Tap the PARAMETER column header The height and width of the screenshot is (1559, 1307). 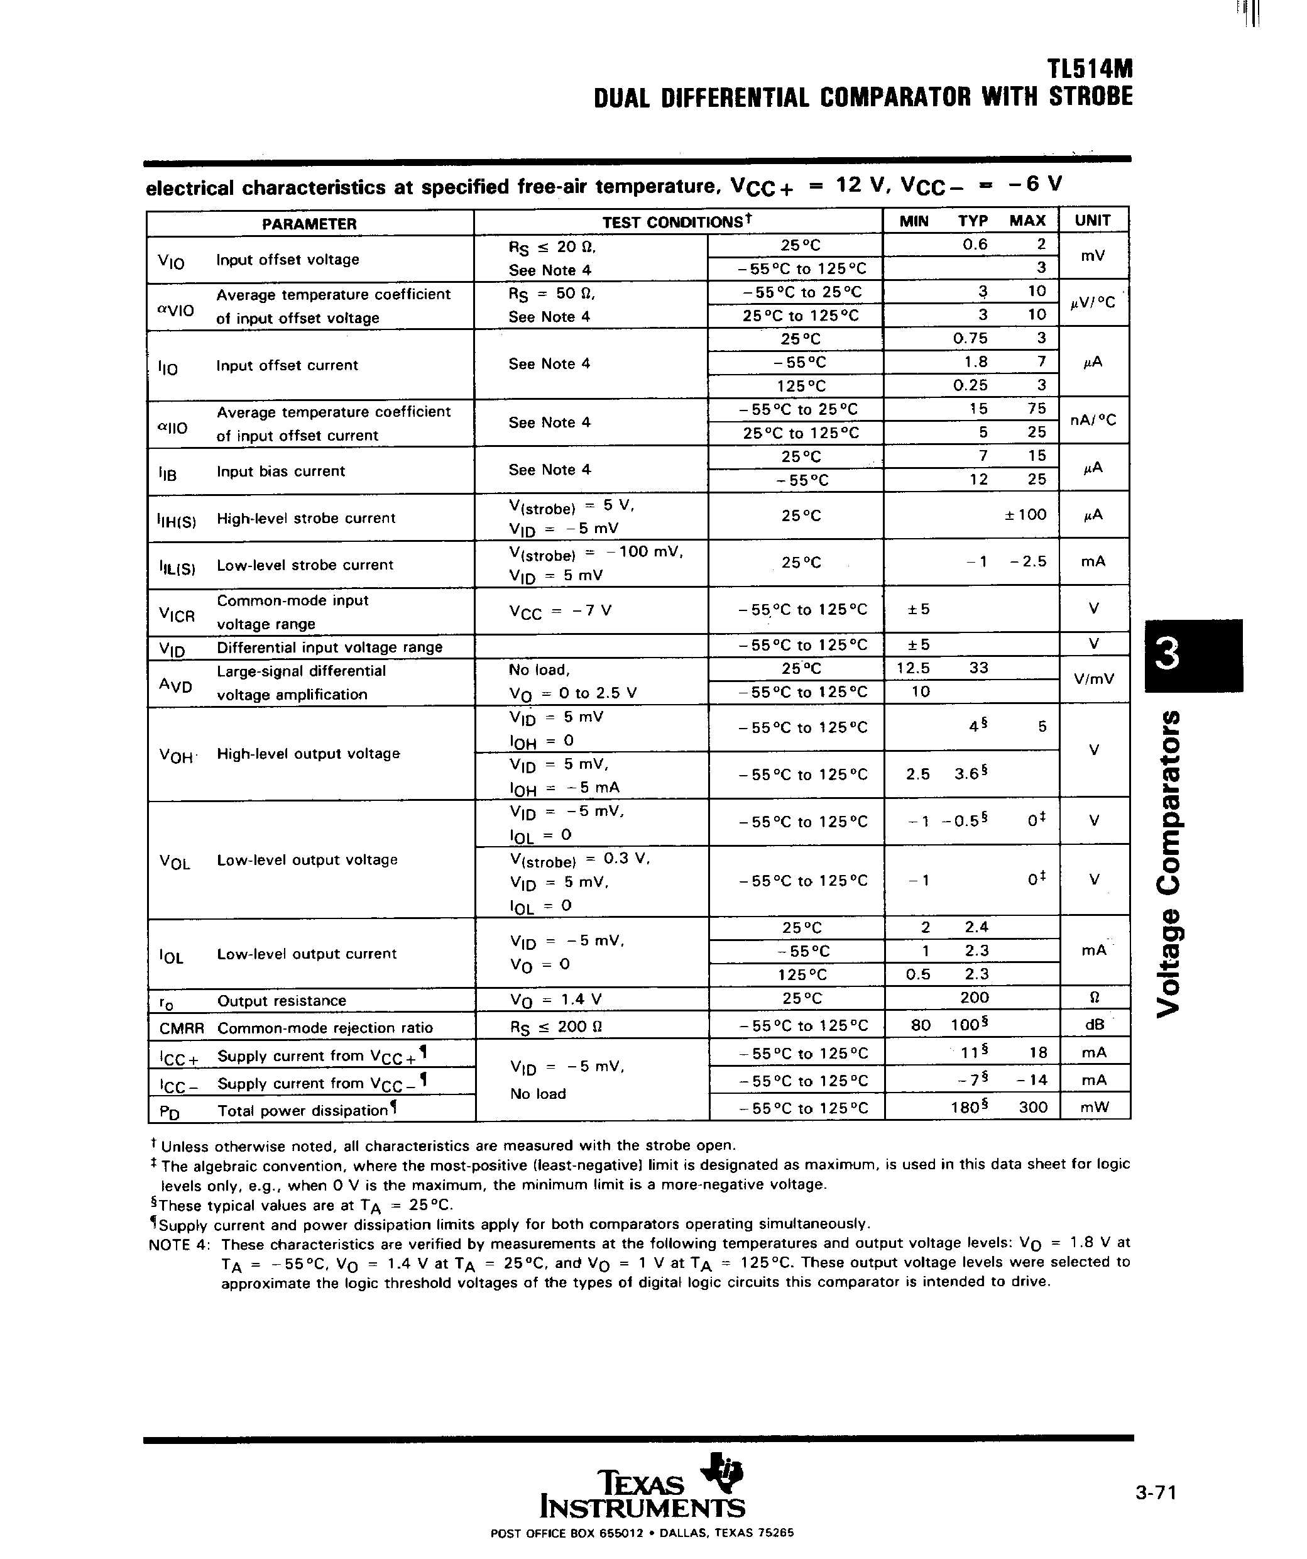(x=309, y=223)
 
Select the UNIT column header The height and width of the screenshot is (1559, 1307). (x=1093, y=221)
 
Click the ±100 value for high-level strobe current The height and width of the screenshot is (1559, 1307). (x=1025, y=514)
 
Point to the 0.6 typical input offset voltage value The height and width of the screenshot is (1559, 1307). (x=974, y=245)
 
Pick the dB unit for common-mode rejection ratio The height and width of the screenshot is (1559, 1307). (x=1093, y=1025)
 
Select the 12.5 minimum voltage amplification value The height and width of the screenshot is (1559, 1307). (x=912, y=668)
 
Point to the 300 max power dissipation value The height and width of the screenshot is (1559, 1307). (x=1032, y=1108)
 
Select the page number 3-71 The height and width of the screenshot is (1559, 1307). (x=1156, y=1492)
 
